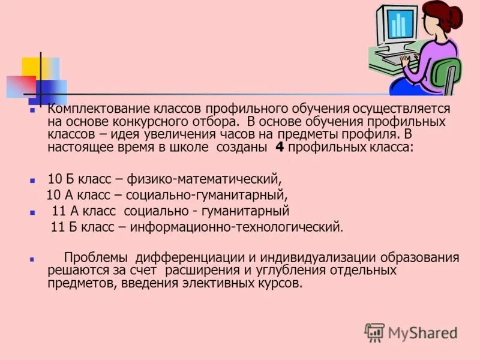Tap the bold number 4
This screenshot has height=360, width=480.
coord(279,148)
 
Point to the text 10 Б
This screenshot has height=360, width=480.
coord(59,179)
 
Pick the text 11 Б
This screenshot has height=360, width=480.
coord(63,227)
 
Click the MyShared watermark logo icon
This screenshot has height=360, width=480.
coord(374,332)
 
